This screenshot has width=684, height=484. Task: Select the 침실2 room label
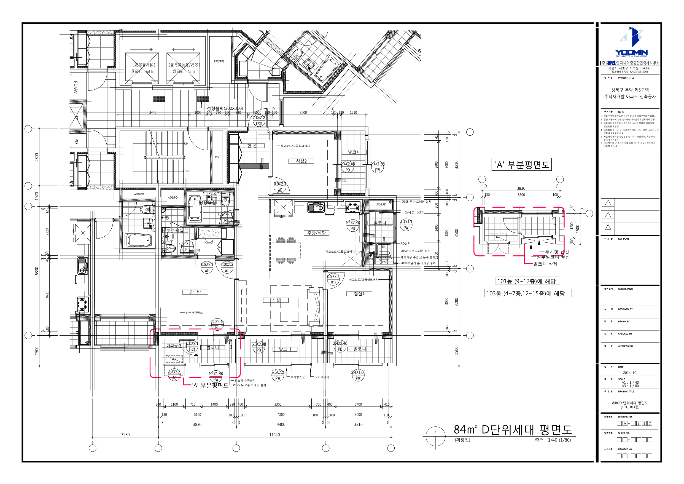coord(301,161)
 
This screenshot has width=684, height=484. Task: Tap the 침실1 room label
coord(359,294)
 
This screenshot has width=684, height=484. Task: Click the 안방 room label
coord(195,292)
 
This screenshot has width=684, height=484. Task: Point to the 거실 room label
coord(276,300)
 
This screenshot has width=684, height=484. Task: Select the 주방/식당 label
coord(316,233)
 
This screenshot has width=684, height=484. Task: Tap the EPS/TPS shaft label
coord(219,61)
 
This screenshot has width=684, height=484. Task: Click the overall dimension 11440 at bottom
coord(274,434)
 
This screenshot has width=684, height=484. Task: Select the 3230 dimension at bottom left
coord(125,434)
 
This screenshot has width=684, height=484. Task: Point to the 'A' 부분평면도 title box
coord(521,165)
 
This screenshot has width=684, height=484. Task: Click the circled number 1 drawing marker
coord(435,433)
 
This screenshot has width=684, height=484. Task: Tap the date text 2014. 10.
coord(630,373)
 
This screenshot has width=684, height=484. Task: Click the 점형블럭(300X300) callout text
coord(225,108)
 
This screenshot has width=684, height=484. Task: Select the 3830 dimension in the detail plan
coord(521,188)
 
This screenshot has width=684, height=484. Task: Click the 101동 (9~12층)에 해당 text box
coord(527,281)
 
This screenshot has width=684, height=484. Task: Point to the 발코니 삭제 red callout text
coord(545,264)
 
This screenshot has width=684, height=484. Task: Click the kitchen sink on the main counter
coord(316,207)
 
